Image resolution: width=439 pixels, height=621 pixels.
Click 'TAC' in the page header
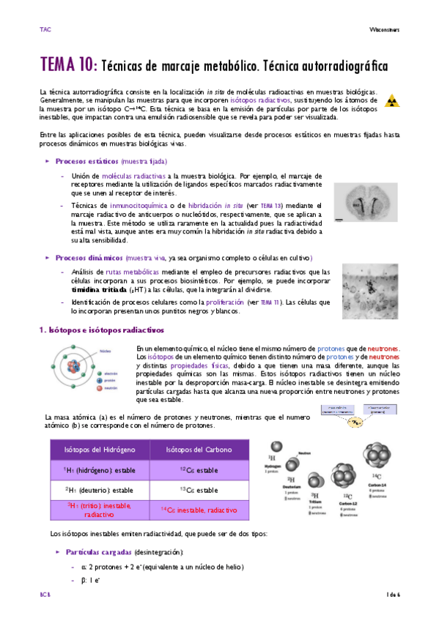pyautogui.click(x=45, y=29)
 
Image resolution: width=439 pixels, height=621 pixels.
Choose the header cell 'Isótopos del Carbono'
pyautogui.click(x=199, y=450)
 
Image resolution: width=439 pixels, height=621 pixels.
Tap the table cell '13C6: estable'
pyautogui.click(x=199, y=490)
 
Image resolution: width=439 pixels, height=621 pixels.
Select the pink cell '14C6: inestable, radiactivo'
pyautogui.click(x=199, y=509)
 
